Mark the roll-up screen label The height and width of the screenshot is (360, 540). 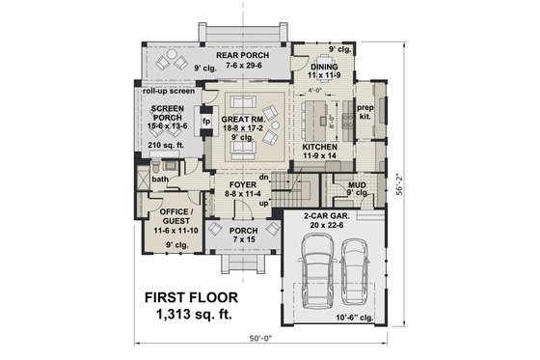pos(168,91)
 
